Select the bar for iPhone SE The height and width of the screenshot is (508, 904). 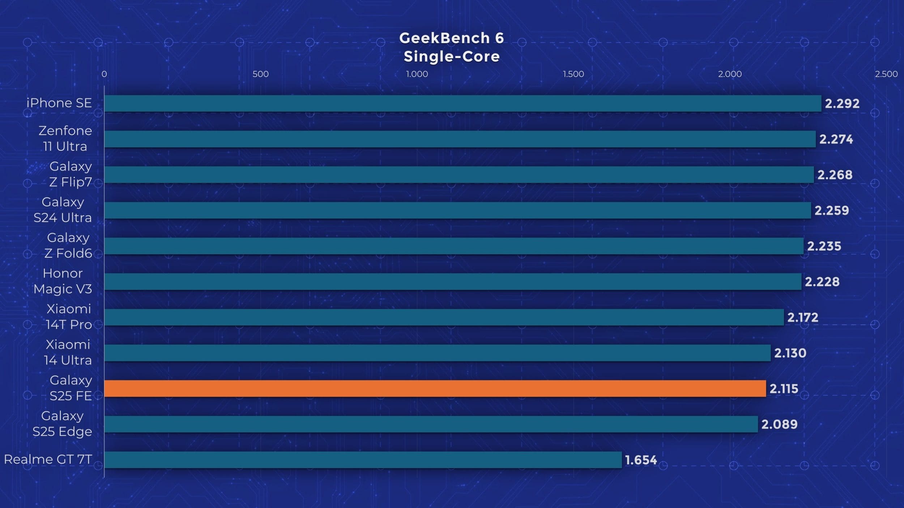(462, 103)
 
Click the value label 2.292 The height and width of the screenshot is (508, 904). (842, 104)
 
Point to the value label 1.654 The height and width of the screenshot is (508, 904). (641, 460)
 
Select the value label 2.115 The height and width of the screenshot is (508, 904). (784, 389)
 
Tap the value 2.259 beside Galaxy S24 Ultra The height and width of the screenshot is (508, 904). (831, 210)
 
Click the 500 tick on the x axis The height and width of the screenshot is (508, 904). (260, 74)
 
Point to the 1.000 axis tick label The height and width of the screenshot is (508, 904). (417, 74)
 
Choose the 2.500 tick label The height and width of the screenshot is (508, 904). (886, 74)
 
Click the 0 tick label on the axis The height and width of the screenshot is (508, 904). (104, 74)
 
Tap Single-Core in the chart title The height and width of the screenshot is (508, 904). (452, 56)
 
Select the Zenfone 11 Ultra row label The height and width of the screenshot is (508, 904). (65, 138)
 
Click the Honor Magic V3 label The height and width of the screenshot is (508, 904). (63, 281)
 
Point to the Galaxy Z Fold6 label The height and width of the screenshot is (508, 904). (68, 245)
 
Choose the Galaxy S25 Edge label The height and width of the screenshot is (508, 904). (62, 423)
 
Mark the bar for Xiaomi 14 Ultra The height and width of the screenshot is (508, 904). (437, 353)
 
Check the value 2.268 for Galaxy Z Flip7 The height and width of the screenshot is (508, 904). (835, 175)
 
